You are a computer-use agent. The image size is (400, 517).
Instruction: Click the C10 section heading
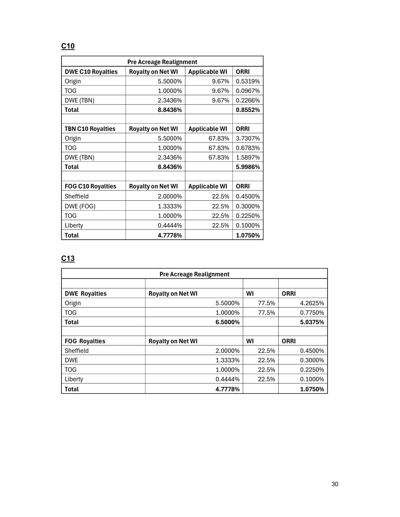[68, 46]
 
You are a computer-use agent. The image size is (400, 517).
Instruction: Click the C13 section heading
[68, 259]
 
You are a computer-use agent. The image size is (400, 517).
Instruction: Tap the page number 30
[335, 484]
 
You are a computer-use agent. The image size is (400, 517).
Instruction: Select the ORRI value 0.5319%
[248, 81]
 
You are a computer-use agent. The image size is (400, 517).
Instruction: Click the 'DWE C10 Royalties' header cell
[91, 72]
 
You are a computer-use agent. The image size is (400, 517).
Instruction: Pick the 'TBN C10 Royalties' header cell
[90, 129]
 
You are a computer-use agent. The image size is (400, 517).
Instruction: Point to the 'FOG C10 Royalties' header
[90, 186]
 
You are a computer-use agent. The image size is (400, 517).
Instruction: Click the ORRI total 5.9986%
[248, 167]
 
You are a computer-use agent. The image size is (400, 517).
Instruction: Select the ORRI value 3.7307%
[248, 139]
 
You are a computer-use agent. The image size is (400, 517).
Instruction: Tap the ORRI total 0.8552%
[248, 110]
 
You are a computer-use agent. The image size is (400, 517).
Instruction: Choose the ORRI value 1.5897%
[248, 158]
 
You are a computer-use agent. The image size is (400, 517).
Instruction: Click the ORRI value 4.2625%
[312, 303]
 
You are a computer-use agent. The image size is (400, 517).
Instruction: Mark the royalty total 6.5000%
[227, 322]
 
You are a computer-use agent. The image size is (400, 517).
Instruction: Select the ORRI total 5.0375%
[312, 322]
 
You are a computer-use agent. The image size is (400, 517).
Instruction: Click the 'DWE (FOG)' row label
[80, 206]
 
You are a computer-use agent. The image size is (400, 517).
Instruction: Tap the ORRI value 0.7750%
[312, 313]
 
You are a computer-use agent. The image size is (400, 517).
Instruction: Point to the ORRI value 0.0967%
[248, 91]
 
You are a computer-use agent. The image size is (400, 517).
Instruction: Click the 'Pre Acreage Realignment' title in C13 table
[194, 274]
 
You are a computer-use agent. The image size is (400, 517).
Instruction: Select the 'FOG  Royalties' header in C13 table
[85, 341]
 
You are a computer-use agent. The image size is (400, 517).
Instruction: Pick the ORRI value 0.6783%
[248, 148]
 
